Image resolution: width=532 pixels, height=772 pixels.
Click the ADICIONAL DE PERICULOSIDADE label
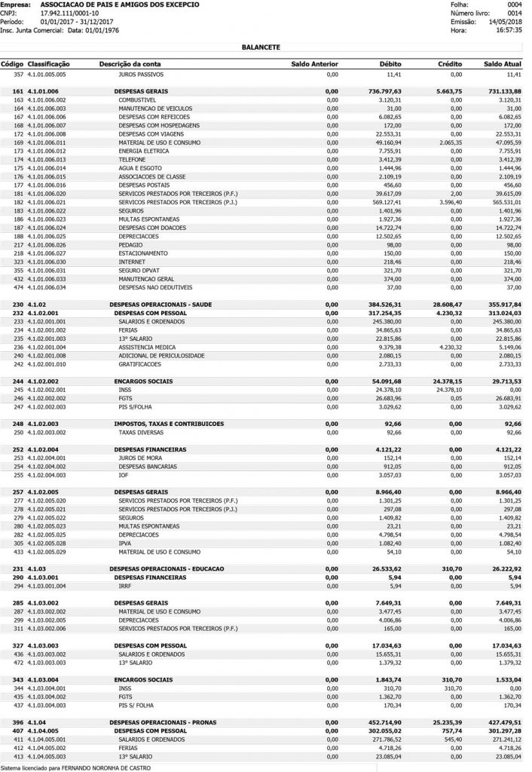click(x=161, y=354)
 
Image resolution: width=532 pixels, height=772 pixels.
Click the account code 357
click(x=19, y=75)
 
